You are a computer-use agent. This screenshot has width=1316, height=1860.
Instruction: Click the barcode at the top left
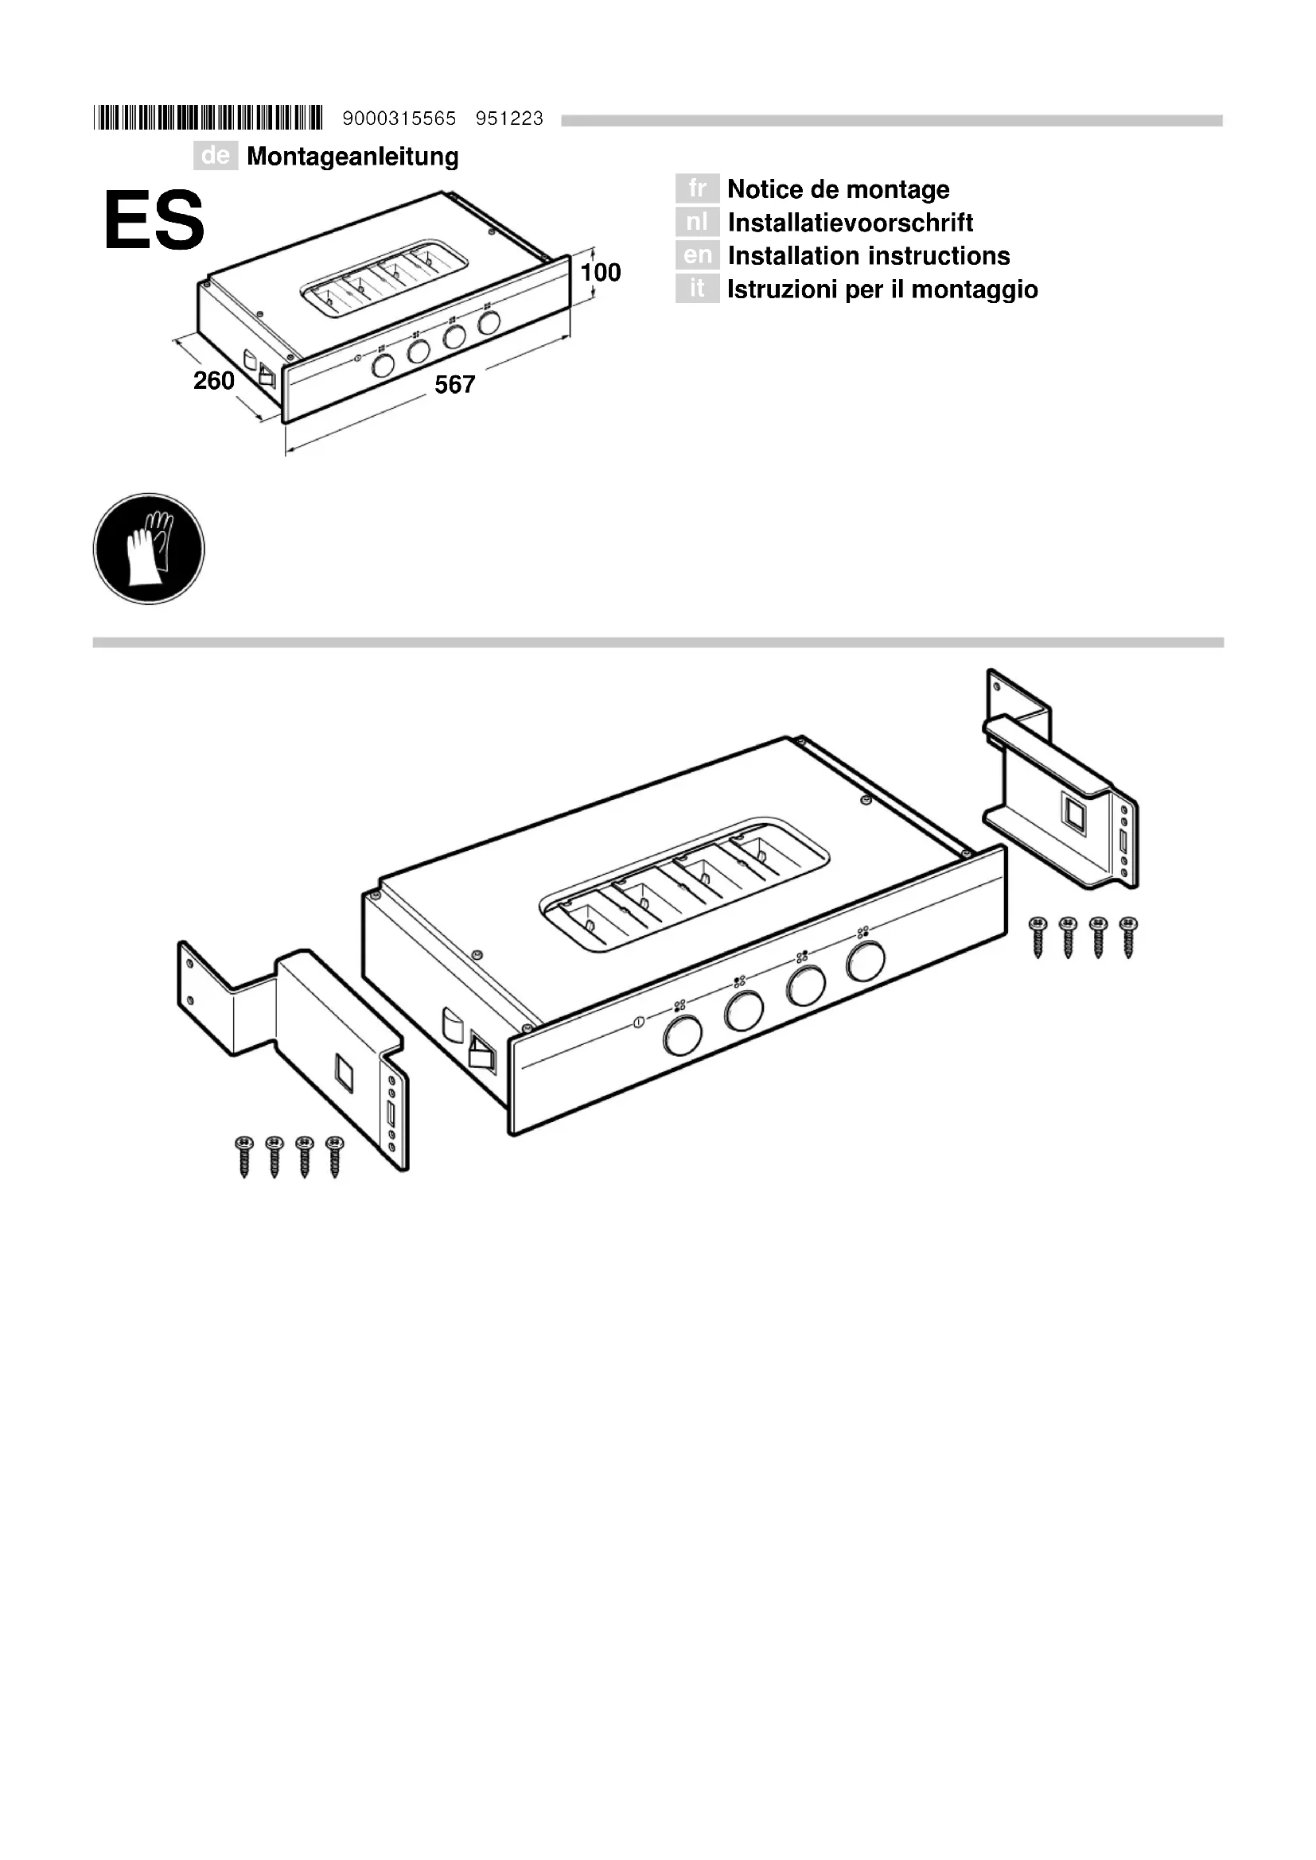208,118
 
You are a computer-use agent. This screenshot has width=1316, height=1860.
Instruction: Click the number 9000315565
399,119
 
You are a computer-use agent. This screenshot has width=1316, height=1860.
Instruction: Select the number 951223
509,119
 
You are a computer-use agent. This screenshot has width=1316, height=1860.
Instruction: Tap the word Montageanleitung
352,157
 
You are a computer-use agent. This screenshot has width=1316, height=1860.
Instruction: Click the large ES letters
154,220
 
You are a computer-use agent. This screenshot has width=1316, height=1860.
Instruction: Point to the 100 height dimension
601,272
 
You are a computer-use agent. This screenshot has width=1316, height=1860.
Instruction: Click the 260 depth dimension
214,380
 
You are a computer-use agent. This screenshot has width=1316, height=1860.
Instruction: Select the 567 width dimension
454,385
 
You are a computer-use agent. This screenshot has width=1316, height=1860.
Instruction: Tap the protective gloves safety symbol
149,549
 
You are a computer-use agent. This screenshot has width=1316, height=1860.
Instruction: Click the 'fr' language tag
697,188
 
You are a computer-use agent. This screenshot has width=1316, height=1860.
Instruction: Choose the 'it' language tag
697,289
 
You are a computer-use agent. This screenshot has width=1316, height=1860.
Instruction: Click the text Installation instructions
869,256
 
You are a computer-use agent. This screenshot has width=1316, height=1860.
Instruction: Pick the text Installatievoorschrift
850,223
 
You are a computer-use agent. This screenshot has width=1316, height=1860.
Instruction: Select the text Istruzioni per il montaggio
882,289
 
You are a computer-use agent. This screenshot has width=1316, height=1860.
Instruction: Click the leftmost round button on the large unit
682,1036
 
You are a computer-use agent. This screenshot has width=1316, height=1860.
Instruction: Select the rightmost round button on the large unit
866,961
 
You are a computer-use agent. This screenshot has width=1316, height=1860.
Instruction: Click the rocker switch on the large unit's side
482,1054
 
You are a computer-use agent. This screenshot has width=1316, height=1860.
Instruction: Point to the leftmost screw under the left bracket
244,1155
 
